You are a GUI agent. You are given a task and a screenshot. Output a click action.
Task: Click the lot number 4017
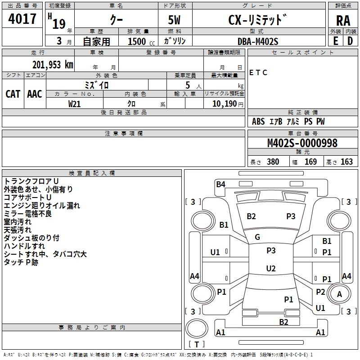tap(22, 19)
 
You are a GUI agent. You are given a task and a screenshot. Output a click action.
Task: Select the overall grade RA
tap(343, 20)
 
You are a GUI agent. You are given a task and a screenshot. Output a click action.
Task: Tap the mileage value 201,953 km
tap(53, 64)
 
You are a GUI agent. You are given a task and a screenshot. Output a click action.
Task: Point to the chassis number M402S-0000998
tap(302, 143)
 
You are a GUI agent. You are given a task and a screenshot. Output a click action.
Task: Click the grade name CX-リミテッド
tap(257, 20)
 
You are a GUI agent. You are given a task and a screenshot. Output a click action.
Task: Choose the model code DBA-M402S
tap(258, 41)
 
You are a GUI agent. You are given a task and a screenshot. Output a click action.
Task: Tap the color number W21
tap(75, 103)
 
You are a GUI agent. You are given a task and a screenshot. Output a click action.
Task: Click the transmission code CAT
tap(13, 94)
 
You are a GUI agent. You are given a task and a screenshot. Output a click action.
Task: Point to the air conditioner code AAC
tap(35, 94)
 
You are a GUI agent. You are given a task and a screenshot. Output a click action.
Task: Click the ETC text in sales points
tap(258, 73)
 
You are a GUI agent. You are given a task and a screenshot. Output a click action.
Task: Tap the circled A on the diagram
tap(340, 294)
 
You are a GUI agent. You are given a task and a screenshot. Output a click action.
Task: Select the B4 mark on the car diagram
tap(220, 184)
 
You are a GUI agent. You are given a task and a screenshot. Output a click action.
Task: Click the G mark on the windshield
tap(257, 237)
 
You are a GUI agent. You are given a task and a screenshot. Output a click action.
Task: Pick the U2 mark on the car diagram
tap(271, 269)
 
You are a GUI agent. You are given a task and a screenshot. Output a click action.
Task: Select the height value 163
tap(346, 162)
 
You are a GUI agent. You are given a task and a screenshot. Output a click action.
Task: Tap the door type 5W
tap(175, 20)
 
